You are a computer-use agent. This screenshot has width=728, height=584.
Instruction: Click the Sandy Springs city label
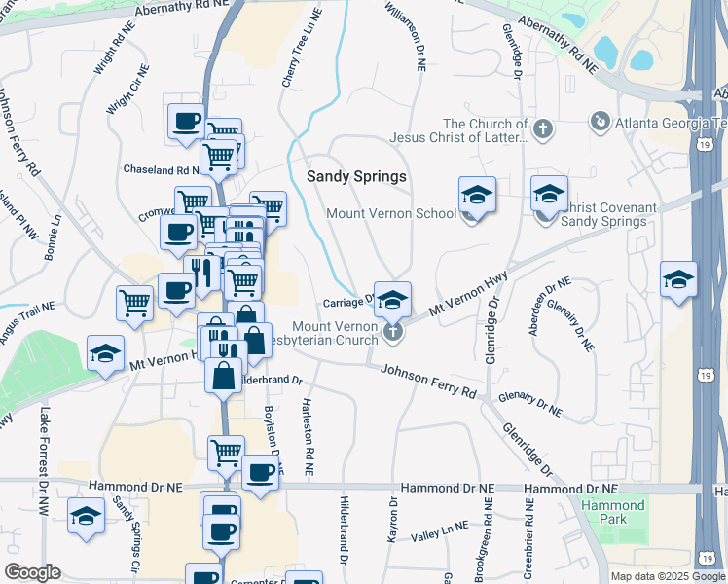pyautogui.click(x=356, y=176)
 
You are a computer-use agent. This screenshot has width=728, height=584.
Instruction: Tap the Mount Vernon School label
pyautogui.click(x=391, y=213)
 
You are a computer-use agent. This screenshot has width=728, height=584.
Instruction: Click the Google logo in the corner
pyautogui.click(x=32, y=572)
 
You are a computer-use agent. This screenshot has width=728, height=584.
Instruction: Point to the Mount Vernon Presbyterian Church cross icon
pyautogui.click(x=393, y=333)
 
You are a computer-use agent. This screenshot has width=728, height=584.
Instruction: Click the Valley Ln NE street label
pyautogui.click(x=439, y=532)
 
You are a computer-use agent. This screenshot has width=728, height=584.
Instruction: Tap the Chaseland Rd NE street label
pyautogui.click(x=161, y=169)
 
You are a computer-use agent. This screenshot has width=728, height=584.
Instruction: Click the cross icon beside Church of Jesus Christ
pyautogui.click(x=542, y=127)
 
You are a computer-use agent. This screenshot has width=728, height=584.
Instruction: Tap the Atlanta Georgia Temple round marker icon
pyautogui.click(x=601, y=122)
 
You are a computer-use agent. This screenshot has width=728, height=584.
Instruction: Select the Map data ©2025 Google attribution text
pyautogui.click(x=667, y=576)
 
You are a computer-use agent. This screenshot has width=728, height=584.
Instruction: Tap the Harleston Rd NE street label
pyautogui.click(x=309, y=437)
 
